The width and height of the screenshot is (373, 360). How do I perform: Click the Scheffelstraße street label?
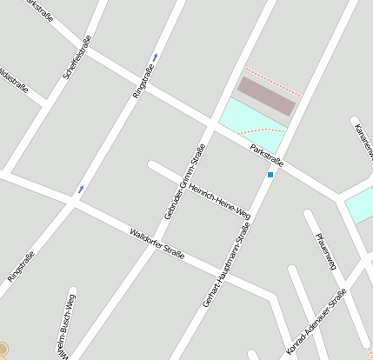pyautogui.click(x=77, y=57)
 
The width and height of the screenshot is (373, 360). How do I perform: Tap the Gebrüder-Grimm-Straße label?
pyautogui.click(x=183, y=181)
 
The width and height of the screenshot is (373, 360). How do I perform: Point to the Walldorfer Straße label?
pyautogui.click(x=157, y=247)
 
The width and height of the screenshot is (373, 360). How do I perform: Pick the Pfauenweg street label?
pyautogui.click(x=326, y=251)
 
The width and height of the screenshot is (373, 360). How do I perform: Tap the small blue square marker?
pyautogui.click(x=270, y=175)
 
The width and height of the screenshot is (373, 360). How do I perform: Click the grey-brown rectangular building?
pyautogui.click(x=267, y=96)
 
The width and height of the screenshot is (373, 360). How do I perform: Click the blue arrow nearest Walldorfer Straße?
pyautogui.click(x=81, y=189)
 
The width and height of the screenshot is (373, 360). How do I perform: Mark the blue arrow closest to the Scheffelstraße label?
pyautogui.click(x=155, y=57)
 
